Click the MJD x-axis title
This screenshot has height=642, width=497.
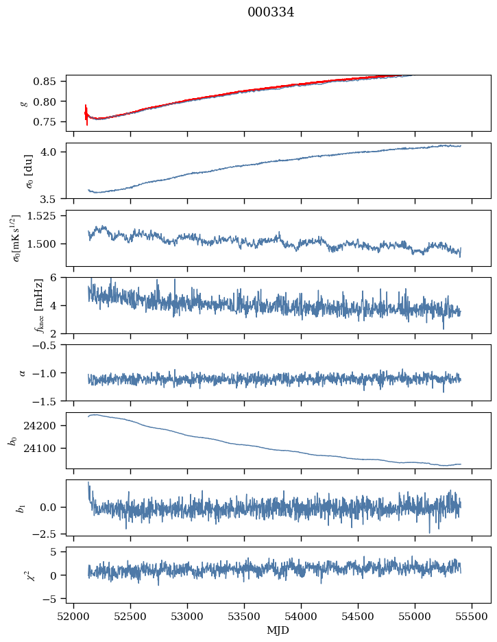click(x=278, y=630)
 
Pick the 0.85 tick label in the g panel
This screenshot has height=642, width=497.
click(x=51, y=82)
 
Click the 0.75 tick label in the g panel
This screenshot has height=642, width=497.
click(x=51, y=122)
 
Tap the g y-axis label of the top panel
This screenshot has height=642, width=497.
click(x=25, y=103)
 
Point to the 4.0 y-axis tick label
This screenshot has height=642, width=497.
click(x=55, y=152)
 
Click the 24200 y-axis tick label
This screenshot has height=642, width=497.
click(x=46, y=426)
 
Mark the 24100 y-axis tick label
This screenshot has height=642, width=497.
click(x=46, y=449)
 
